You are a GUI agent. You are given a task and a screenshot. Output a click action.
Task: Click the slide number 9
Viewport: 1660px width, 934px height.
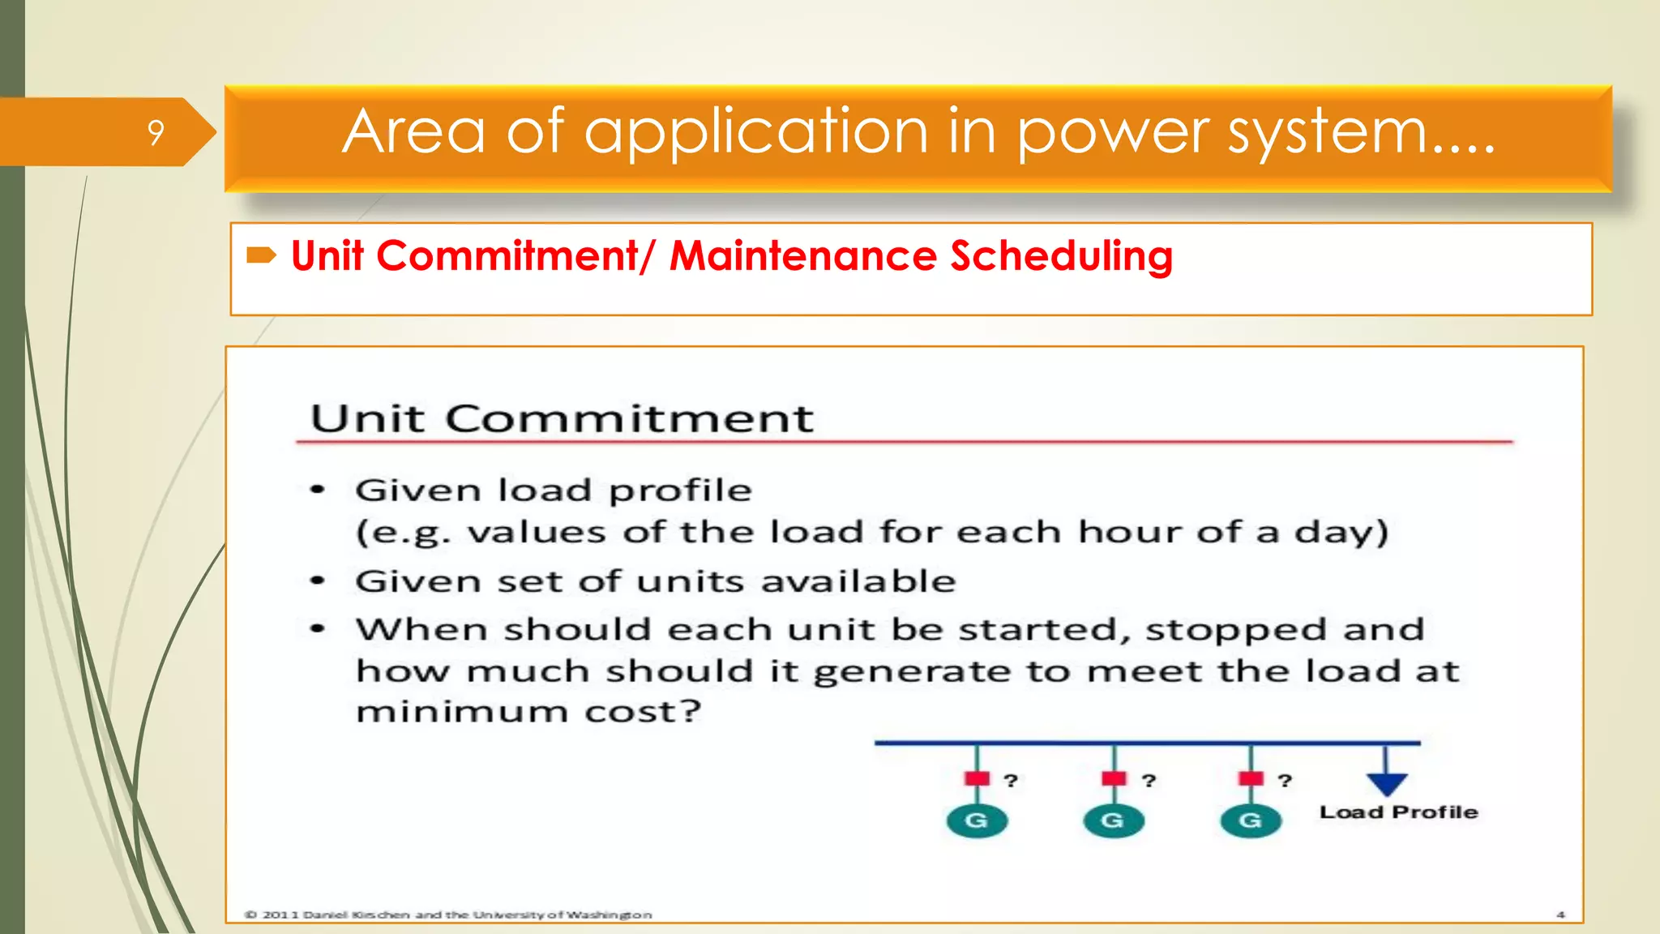(156, 132)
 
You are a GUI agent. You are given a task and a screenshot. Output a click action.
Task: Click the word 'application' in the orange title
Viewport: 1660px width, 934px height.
(755, 132)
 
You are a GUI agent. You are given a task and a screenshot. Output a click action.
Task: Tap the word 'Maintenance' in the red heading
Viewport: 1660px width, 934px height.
(803, 256)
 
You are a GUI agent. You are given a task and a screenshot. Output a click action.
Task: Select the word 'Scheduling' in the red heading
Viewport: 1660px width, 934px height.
(1061, 256)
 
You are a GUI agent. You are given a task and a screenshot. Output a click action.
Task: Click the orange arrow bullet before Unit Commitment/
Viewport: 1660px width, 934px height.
(261, 256)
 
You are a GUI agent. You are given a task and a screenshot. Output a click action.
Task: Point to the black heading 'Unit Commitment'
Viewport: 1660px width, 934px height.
(562, 418)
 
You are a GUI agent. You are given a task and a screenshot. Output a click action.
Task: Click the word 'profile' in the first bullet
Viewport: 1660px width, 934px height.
(680, 491)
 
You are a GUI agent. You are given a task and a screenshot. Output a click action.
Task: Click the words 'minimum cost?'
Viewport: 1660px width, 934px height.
(528, 712)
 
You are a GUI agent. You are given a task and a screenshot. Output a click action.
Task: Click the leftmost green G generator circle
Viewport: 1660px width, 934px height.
(977, 820)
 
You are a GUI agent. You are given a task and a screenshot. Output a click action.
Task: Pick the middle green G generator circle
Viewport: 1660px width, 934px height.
(1113, 820)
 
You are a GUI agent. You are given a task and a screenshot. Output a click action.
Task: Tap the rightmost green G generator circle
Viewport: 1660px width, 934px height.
(1250, 820)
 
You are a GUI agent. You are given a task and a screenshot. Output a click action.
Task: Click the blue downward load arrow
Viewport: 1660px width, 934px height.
(1386, 782)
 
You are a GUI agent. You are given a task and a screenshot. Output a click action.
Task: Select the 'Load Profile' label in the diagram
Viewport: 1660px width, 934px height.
(1398, 812)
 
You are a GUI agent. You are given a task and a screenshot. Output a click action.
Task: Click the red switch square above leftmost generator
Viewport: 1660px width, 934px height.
(977, 778)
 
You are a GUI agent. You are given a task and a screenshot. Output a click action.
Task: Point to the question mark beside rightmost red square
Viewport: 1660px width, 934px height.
(1284, 781)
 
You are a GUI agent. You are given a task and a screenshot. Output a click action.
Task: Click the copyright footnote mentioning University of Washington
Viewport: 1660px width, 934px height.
(448, 915)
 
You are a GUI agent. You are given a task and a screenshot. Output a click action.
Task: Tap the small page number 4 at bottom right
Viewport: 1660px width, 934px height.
(1560, 915)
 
